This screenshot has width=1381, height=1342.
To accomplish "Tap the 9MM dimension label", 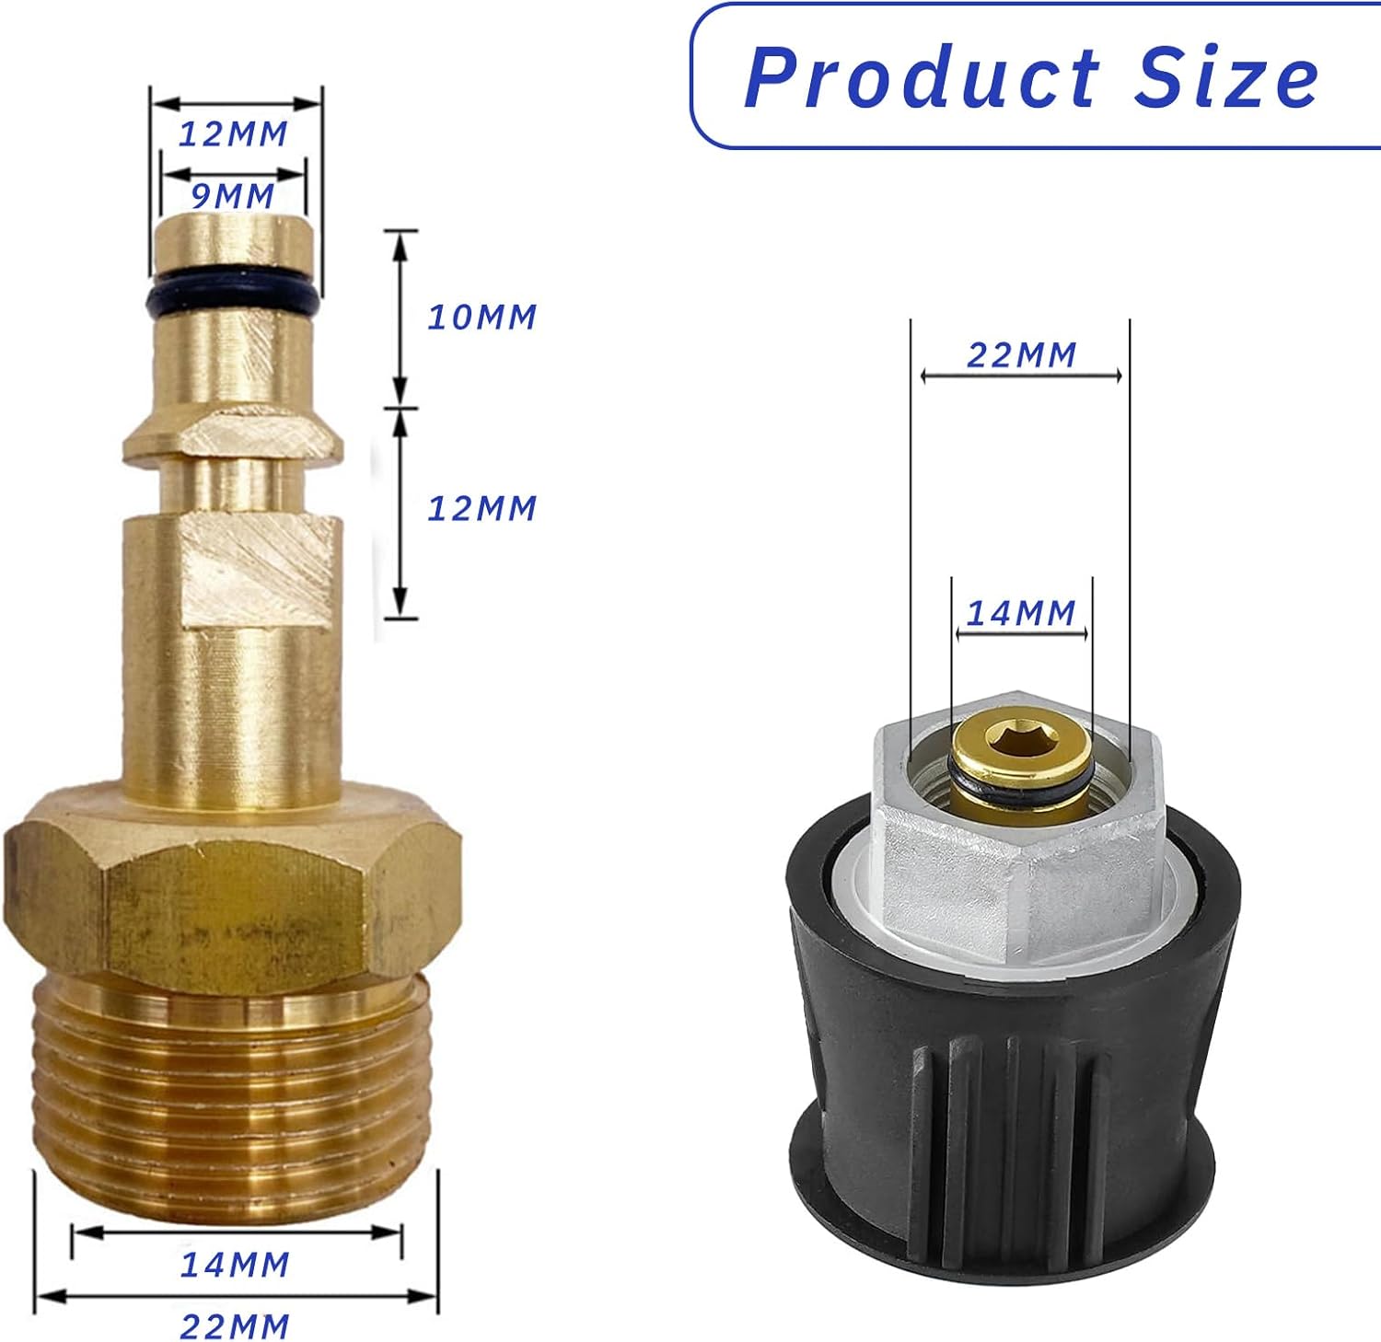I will [x=233, y=196].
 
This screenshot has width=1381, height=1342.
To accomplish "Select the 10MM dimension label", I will [x=482, y=318].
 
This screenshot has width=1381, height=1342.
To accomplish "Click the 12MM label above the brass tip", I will [x=233, y=134].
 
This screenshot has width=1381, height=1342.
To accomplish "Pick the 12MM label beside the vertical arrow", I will [x=482, y=508].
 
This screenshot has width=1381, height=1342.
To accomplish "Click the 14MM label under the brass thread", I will [x=235, y=1265].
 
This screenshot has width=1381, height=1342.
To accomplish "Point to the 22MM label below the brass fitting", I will [x=235, y=1326].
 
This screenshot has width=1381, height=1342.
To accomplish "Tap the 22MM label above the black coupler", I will [x=1021, y=355].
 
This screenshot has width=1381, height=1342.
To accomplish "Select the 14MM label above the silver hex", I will [x=1021, y=613].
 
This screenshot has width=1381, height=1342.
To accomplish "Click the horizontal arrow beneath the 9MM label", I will [x=233, y=173].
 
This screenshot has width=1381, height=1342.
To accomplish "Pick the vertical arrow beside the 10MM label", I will [x=400, y=318].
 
